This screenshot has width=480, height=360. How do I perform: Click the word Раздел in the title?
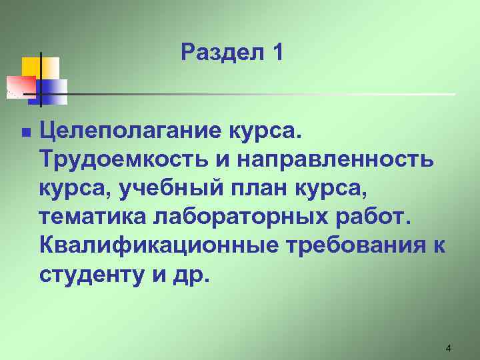coord(220,52)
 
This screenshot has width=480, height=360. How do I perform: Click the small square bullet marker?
coord(25,133)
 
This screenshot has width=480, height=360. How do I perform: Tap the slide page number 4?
coord(448,348)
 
